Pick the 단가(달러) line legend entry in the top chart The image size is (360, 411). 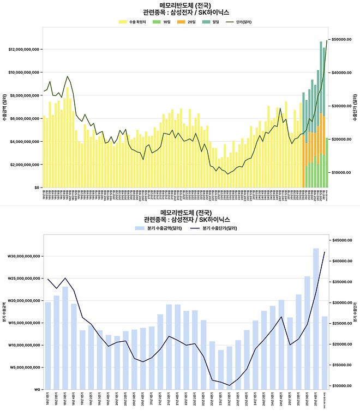tap(237, 22)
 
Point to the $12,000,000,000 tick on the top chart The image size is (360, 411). tap(24, 49)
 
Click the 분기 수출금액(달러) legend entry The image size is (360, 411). tap(156, 227)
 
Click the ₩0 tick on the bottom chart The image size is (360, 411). tap(36, 389)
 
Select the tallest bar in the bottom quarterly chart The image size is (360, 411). tap(315, 318)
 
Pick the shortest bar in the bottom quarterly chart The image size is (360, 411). tap(220, 370)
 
